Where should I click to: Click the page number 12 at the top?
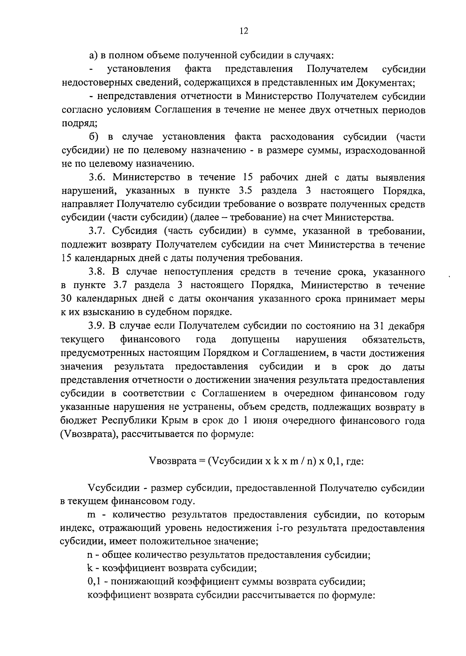click(x=244, y=31)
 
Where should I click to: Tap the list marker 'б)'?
click(x=94, y=137)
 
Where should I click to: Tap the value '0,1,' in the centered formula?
click(x=338, y=461)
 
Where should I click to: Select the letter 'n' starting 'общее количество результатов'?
click(x=90, y=555)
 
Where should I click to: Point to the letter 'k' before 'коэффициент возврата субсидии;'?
click(x=90, y=568)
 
